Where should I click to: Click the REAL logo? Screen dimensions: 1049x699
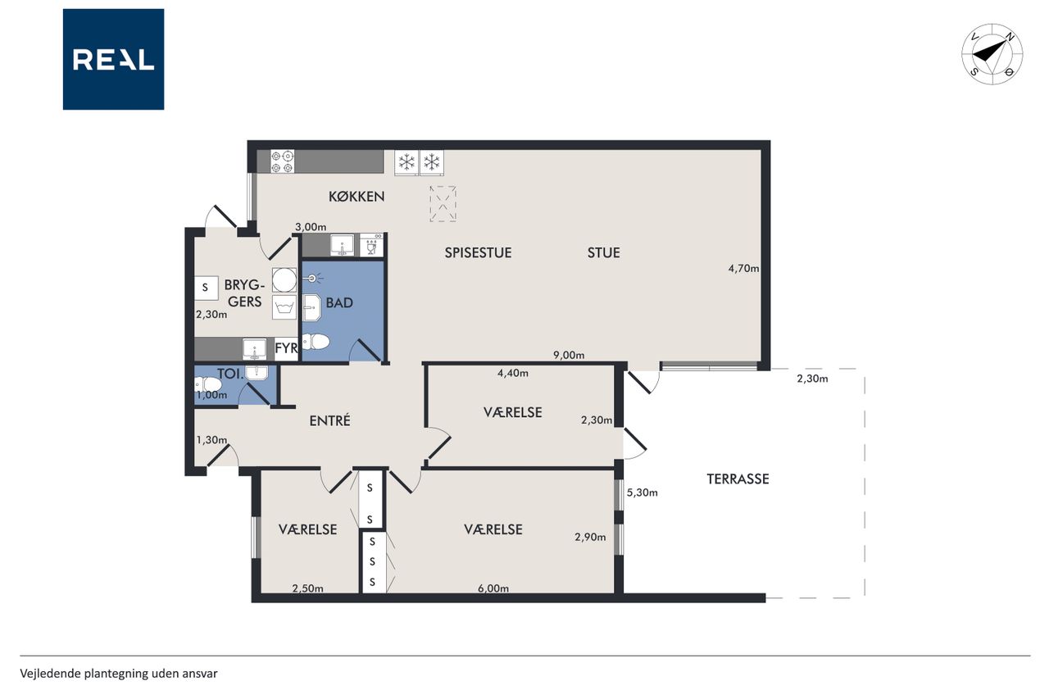pos(113,60)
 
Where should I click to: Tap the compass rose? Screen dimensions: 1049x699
pos(992,54)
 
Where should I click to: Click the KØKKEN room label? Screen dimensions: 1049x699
pos(356,196)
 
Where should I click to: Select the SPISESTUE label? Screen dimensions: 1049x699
pos(478,253)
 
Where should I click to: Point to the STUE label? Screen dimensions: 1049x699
pos(604,253)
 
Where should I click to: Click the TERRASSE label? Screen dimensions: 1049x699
pos(738,479)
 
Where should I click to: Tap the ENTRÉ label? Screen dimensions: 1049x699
pos(329,420)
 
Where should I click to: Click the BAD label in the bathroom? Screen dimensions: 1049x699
pos(339,302)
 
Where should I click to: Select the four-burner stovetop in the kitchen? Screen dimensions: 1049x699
pos(283,161)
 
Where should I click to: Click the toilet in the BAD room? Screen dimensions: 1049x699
pos(316,342)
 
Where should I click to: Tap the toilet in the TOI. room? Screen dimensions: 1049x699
pos(207,384)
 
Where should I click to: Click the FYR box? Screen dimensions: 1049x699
pos(286,349)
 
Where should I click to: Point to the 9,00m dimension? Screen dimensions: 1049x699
pos(569,356)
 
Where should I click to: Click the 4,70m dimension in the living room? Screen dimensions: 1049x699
pos(743,269)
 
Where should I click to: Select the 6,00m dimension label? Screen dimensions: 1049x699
pos(493,588)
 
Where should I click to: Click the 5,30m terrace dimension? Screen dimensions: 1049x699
pos(642,492)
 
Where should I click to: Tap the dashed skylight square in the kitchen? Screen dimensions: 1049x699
pos(443,204)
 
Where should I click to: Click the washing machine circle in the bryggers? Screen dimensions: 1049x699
pos(284,280)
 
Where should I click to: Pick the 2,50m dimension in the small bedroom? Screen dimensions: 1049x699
pos(307,588)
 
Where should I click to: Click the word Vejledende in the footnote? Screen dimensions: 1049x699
pos(50,674)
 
